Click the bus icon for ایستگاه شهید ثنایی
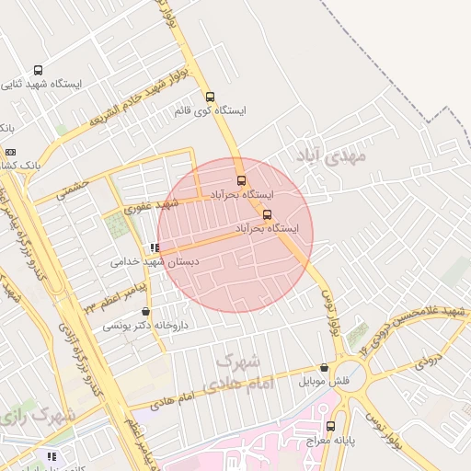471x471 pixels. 38,70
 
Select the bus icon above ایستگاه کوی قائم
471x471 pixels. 211,97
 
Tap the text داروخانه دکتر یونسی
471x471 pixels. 144,326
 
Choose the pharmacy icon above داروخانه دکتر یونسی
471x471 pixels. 146,312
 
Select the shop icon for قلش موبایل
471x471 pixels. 324,368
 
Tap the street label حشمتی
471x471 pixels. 73,190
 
